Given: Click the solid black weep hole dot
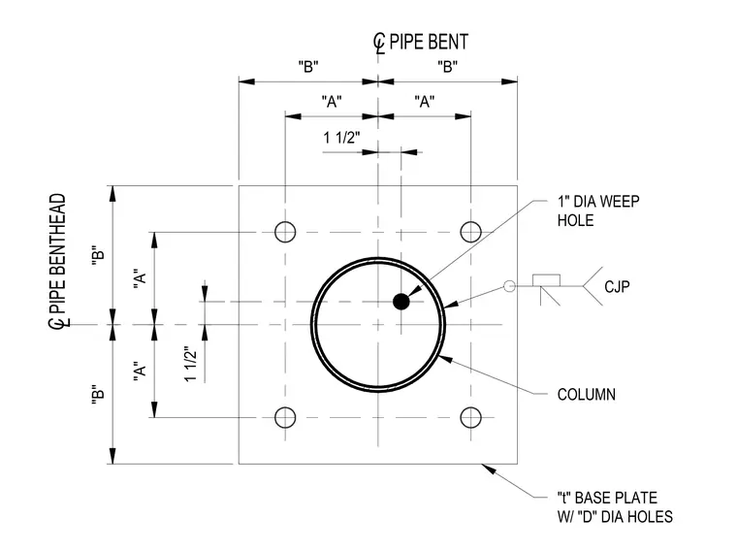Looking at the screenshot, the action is click(x=401, y=302).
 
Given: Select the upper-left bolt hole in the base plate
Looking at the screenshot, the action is click(x=285, y=232).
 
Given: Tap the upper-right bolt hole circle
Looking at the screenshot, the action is click(x=470, y=232).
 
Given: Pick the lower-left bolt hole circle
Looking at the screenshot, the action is click(x=285, y=417).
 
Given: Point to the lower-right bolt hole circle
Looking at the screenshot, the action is click(x=470, y=417).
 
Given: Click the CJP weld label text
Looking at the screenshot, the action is click(x=617, y=286).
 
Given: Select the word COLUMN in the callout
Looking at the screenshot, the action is click(x=586, y=394).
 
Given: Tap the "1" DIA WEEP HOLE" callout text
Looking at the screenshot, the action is click(x=598, y=210).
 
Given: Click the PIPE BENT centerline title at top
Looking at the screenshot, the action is click(x=421, y=43).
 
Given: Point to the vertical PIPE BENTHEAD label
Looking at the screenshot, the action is click(x=58, y=261).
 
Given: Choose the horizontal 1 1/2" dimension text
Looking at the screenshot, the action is click(x=341, y=138).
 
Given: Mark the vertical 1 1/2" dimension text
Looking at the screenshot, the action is click(x=190, y=365).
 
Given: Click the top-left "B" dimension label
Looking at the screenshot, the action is click(x=308, y=67).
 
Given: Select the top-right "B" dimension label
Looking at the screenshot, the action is click(x=447, y=67).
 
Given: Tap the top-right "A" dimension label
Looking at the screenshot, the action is click(x=425, y=102).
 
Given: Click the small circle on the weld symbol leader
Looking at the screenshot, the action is click(x=509, y=286).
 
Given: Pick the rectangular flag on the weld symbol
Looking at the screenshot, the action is click(x=546, y=280).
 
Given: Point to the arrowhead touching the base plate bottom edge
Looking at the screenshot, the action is click(x=489, y=469).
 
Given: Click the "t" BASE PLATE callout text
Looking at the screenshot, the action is click(x=615, y=507).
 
